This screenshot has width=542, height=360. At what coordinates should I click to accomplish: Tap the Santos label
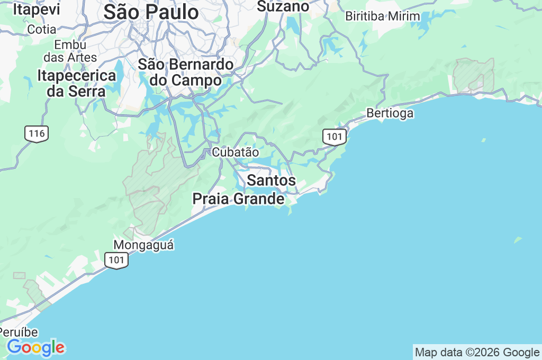(271, 181)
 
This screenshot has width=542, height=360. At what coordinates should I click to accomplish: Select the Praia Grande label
(238, 199)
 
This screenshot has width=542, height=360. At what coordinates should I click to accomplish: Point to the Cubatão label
(236, 152)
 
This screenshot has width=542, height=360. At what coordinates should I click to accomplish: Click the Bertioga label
(390, 113)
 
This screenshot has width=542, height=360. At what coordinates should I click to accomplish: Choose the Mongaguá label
(143, 245)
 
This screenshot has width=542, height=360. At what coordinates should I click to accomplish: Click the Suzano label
(283, 6)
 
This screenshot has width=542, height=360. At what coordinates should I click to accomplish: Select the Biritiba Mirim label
(382, 16)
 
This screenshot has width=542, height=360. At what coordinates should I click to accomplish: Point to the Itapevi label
(36, 10)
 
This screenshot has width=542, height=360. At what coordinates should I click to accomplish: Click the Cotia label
(41, 29)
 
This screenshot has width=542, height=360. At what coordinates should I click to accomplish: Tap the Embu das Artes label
(70, 51)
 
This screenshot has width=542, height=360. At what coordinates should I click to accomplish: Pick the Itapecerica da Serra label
(76, 83)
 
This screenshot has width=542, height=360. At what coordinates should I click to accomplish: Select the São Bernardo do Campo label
(185, 73)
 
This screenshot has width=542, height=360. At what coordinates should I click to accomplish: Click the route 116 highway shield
(37, 133)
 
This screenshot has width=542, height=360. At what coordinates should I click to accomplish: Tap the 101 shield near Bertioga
(335, 137)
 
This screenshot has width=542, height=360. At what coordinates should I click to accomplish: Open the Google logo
(35, 348)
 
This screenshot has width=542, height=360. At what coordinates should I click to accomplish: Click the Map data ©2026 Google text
(477, 353)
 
